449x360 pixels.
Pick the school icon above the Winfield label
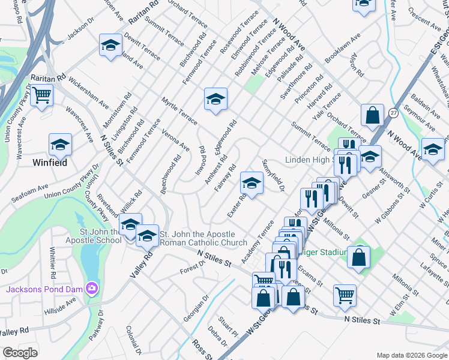pyautogui.click(x=59, y=145)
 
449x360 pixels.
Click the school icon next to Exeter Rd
pyautogui.click(x=252, y=183)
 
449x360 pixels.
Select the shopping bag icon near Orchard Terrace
pyautogui.click(x=372, y=115)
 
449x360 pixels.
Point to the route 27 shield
pyautogui.click(x=393, y=112)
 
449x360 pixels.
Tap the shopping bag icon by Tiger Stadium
pyautogui.click(x=358, y=256)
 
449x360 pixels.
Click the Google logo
pyautogui.click(x=20, y=353)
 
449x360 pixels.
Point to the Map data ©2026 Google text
pyautogui.click(x=411, y=355)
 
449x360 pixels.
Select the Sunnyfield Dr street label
pyautogui.click(x=273, y=176)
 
